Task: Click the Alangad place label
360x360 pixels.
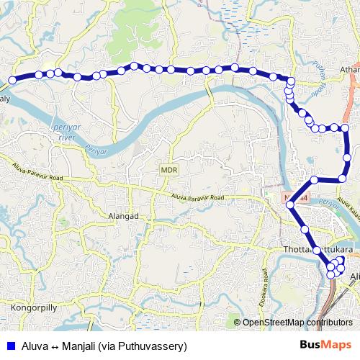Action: tap(143, 215)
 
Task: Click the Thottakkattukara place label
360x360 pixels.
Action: tap(310, 250)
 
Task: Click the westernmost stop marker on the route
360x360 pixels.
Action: tap(12, 80)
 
